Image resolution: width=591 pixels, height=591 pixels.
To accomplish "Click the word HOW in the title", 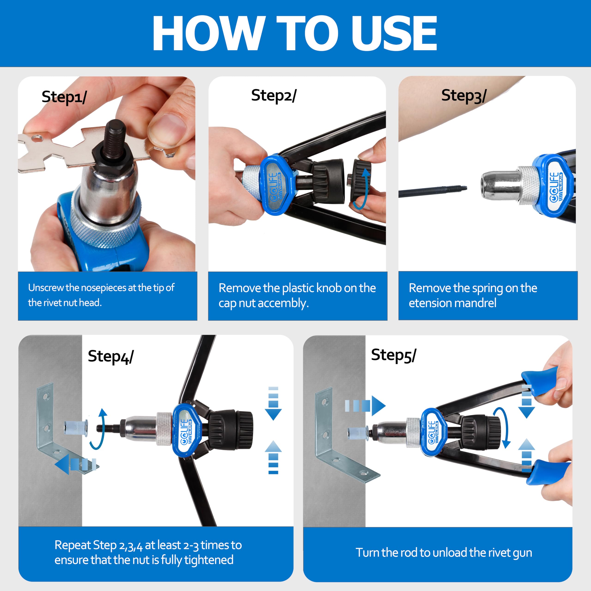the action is point(208,33).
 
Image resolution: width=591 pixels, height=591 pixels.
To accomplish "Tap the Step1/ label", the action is point(64,97).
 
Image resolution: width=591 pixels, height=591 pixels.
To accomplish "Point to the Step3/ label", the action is point(464,96).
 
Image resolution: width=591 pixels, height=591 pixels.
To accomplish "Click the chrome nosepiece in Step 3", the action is point(501,185).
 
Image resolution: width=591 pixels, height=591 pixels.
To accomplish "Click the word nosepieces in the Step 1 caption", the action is point(104,288).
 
